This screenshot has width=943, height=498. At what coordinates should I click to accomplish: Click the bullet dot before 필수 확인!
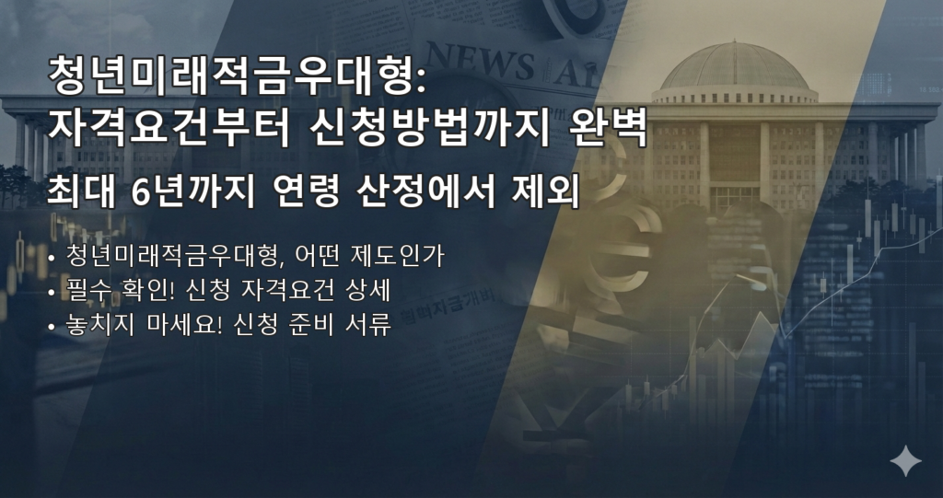[x=52, y=293]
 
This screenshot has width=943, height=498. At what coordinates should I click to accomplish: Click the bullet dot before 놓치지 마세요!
[x=52, y=328]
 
